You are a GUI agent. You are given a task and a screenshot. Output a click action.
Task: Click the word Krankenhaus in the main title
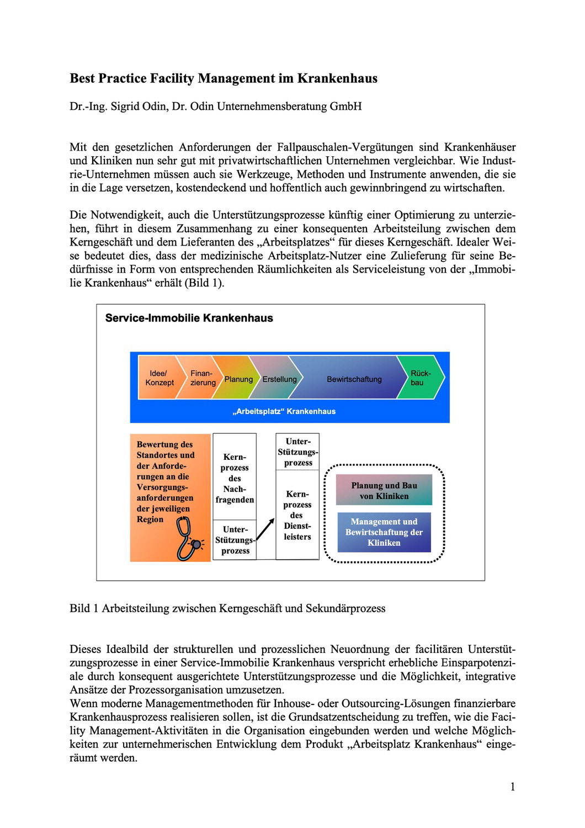(x=337, y=78)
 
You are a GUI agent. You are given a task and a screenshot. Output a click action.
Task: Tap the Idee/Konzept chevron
(x=159, y=378)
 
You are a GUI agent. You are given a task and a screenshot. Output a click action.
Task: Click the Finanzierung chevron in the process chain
(x=203, y=378)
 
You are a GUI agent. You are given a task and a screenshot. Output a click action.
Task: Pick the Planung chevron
(x=238, y=379)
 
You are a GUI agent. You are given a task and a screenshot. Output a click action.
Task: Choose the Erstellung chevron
(x=279, y=379)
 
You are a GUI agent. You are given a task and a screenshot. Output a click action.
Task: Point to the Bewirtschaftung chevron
(x=354, y=379)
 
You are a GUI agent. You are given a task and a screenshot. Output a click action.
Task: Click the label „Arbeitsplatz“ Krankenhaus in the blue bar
(x=284, y=411)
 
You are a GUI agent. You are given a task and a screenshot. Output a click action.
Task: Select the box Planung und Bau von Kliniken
(x=384, y=491)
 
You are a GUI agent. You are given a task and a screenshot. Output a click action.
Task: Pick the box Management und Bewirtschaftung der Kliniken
(x=384, y=532)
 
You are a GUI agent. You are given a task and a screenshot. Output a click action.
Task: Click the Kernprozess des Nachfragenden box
(x=235, y=478)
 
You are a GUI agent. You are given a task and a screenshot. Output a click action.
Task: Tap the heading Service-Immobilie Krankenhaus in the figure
(x=189, y=319)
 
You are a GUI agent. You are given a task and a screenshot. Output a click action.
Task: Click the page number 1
(x=513, y=787)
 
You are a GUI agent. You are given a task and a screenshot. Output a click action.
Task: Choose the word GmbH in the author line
(x=345, y=106)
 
